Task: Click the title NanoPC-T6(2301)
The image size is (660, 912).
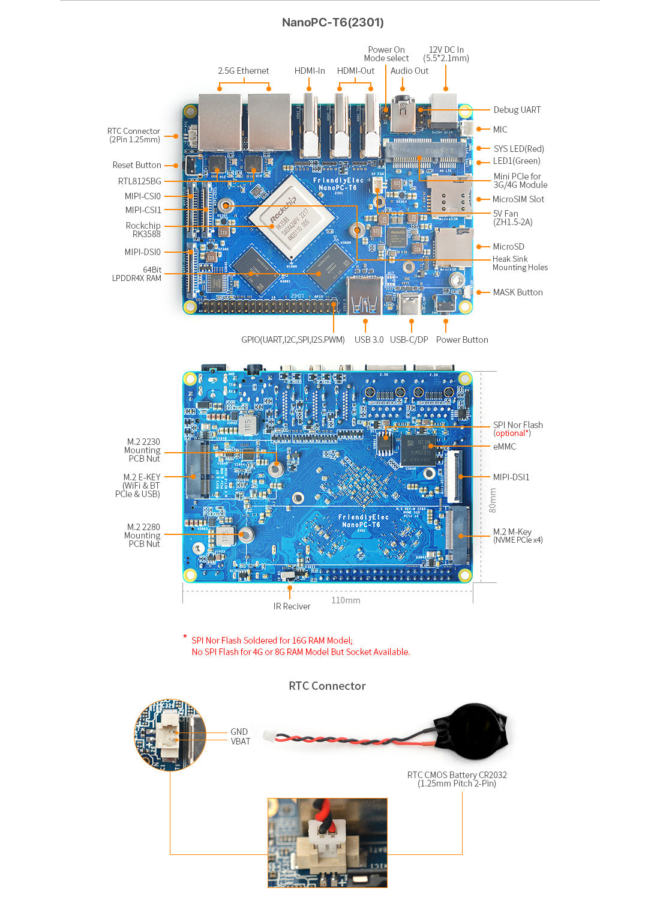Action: [x=332, y=22]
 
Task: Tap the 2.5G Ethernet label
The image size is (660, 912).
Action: [x=243, y=71]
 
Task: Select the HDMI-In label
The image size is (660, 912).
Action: [x=309, y=71]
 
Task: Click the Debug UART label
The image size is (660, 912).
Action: [x=517, y=110]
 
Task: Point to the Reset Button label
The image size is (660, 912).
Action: [x=136, y=165]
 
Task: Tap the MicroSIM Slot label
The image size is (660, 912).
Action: [x=518, y=199]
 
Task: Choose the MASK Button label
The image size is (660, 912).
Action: [x=517, y=292]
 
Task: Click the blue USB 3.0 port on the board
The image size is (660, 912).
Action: [x=364, y=297]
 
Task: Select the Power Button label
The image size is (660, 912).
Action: [x=461, y=340]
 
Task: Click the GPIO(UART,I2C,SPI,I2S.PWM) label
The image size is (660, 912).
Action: [x=293, y=340]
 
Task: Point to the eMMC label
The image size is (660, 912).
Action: [x=504, y=447]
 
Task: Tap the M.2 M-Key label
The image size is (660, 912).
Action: [x=512, y=532]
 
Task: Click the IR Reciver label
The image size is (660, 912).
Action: [x=292, y=606]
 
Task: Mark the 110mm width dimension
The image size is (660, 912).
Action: [x=346, y=600]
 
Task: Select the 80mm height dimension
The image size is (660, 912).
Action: [x=493, y=500]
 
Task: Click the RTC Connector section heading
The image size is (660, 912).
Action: [x=327, y=686]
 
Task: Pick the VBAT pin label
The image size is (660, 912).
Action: [x=240, y=741]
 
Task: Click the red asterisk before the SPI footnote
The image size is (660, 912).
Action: [x=185, y=637]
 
